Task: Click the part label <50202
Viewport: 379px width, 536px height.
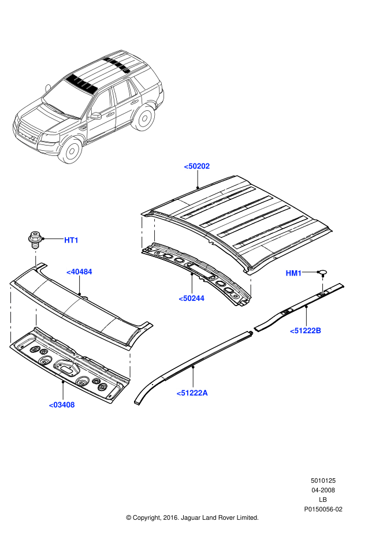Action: click(x=197, y=166)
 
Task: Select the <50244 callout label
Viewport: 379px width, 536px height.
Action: click(x=192, y=298)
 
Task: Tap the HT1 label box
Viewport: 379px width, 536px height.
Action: click(x=71, y=240)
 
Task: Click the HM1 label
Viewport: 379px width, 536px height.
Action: click(x=293, y=273)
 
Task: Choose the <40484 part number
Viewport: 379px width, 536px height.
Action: click(x=79, y=271)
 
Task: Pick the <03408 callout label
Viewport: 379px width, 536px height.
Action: click(x=62, y=404)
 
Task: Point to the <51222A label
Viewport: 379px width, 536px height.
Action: click(x=192, y=393)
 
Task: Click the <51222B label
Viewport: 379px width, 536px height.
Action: click(x=306, y=330)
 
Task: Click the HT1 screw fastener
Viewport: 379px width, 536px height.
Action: click(x=36, y=239)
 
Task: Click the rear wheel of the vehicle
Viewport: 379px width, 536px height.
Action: click(x=144, y=117)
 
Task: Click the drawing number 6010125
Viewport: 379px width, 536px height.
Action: click(x=323, y=481)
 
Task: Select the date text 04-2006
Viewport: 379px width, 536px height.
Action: click(x=323, y=490)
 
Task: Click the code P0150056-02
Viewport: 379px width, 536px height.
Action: click(x=323, y=509)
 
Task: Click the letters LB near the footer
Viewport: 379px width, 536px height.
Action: click(x=323, y=500)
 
